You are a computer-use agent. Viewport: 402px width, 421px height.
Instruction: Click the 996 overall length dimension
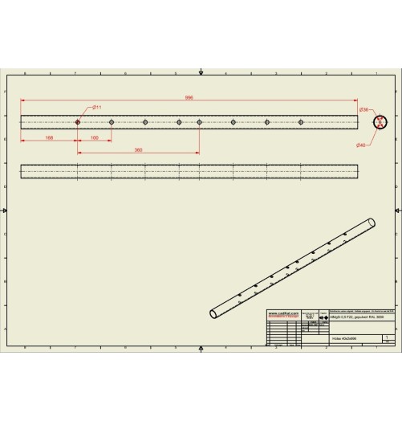coord(189,97)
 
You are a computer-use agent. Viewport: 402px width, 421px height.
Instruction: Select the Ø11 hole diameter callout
coord(96,107)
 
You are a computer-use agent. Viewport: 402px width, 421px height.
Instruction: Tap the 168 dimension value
coord(49,137)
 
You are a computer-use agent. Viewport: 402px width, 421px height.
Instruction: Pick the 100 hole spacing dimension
coord(95,137)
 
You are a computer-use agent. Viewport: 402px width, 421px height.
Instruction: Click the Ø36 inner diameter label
coord(363,109)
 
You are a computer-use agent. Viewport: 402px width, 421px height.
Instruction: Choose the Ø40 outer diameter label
coord(361,145)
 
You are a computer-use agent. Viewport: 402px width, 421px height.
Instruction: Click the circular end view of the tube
coord(380,122)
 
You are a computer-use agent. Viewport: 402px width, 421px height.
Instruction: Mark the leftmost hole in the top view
coord(78,122)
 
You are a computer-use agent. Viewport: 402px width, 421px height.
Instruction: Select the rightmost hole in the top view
coord(301,122)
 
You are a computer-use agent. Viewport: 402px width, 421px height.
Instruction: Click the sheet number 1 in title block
coord(388,337)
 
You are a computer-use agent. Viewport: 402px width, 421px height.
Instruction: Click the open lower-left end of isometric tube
coord(213,313)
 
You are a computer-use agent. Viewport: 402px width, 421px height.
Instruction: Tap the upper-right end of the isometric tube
coord(372,223)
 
